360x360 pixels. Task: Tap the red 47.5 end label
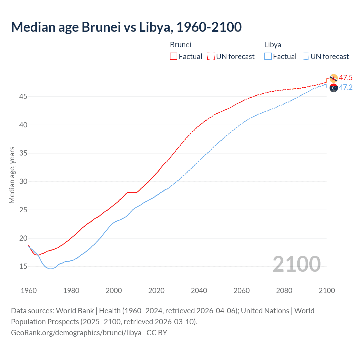point(346,78)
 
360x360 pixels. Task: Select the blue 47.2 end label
point(346,87)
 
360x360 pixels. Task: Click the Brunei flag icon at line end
point(334,78)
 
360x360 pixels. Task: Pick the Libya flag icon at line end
point(334,88)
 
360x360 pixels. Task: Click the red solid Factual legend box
point(174,56)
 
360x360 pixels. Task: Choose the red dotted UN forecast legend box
point(211,56)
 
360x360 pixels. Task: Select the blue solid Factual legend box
point(268,56)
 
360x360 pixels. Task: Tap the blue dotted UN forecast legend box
point(305,56)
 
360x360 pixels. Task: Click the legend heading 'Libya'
point(273,45)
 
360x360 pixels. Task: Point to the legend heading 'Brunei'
point(181,45)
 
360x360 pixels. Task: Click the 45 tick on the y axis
point(23,97)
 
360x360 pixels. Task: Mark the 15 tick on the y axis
point(23,266)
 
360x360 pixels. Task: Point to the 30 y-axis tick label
point(23,181)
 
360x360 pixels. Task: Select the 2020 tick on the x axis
point(156,291)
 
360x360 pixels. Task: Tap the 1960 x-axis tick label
point(29,291)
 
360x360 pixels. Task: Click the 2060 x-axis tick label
point(242,291)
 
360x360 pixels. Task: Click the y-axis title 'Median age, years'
point(12,175)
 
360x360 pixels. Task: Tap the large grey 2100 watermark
point(297,264)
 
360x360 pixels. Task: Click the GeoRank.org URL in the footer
point(76,333)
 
